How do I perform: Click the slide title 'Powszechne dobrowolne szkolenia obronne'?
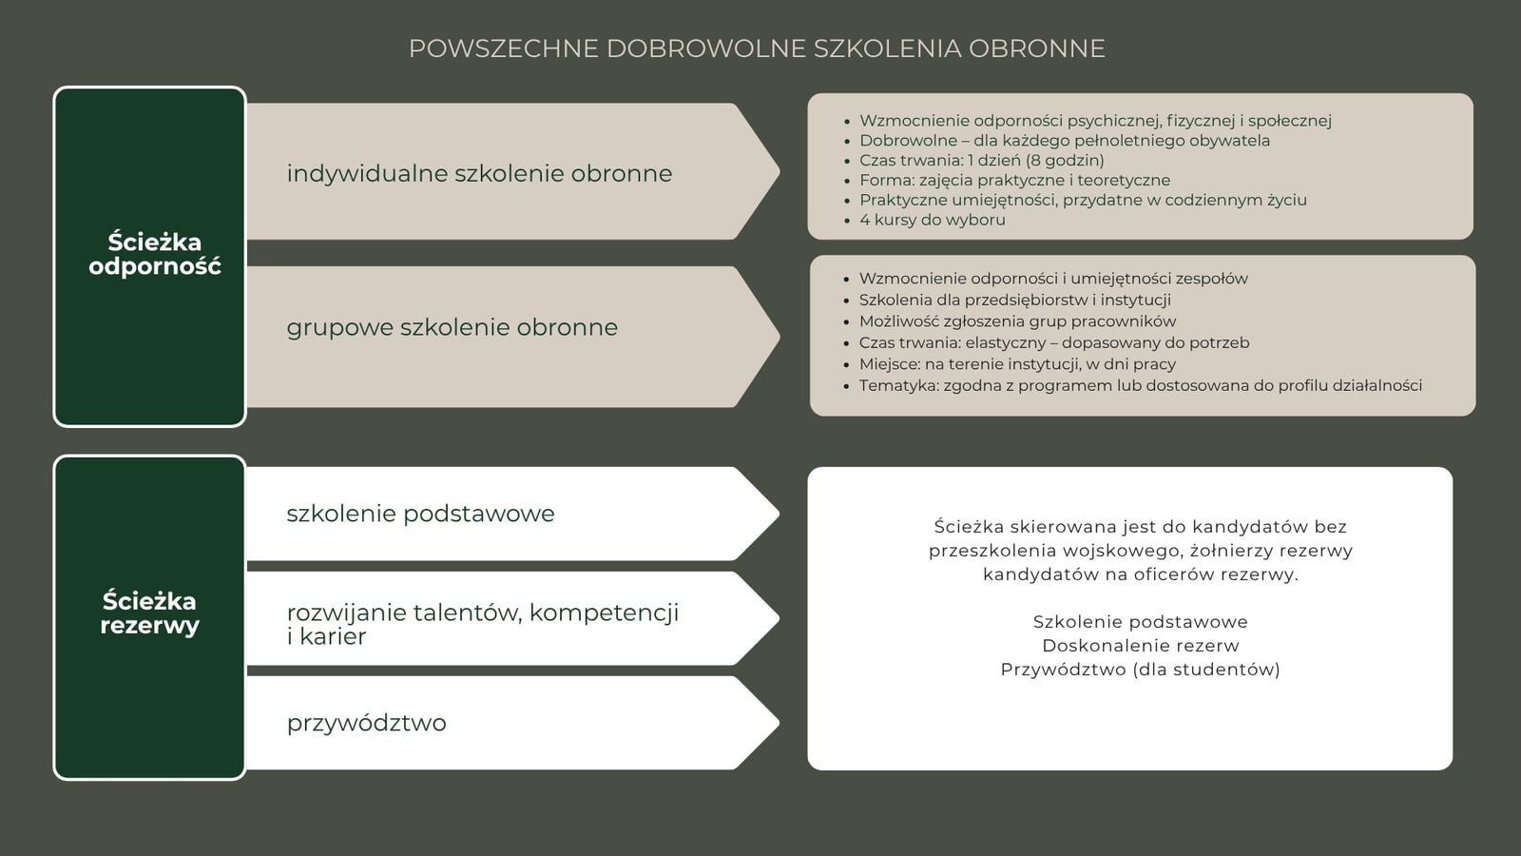pos(757,49)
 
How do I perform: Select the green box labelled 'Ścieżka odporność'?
pos(150,256)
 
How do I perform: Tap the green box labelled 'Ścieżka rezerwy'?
pos(150,616)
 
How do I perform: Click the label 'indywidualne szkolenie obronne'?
pos(479,173)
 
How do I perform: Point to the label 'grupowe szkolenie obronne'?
pos(452,327)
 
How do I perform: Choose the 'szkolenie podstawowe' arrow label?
pos(420,514)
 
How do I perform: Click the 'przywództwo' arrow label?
pos(366,723)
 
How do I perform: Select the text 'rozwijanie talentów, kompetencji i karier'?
pos(483,624)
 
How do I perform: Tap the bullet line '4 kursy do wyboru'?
pos(932,220)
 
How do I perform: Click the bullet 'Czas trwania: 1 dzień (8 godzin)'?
pos(981,160)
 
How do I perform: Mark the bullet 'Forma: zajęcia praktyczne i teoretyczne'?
pos(1014,180)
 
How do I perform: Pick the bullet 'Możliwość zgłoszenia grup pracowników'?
pos(1017,321)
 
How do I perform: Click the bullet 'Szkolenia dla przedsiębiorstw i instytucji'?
pos(1014,300)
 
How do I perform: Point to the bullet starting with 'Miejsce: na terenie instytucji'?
pos(1017,364)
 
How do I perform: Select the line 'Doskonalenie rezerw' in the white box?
pos(1140,646)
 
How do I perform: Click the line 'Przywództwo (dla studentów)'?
pos(1140,670)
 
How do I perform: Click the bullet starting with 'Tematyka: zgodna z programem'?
pos(1140,385)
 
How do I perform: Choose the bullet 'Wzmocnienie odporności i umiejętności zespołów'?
pos(1053,279)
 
